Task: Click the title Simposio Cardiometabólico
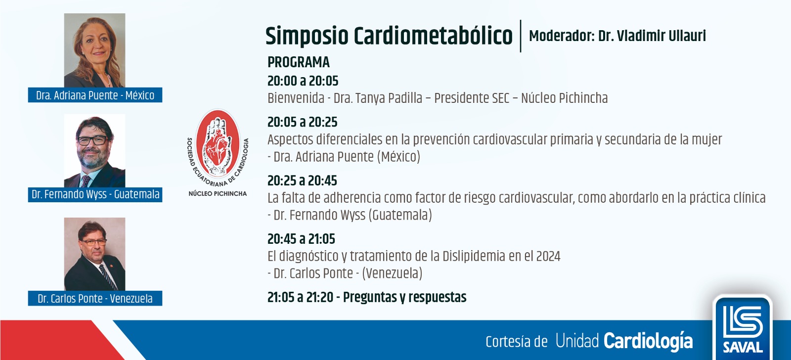pos(389,36)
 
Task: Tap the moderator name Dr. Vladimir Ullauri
pos(652,36)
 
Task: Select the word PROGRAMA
pos(299,62)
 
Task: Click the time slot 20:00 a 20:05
pos(303,81)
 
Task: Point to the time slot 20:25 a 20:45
pos(302,181)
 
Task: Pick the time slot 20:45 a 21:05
pos(301,239)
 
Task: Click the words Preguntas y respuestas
pos(405,298)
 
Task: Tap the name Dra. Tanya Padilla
pos(378,98)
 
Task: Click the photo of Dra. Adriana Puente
pos(94,50)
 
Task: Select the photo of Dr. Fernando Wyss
pos(94,151)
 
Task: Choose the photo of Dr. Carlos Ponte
pos(94,254)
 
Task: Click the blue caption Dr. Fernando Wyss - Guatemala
pos(95,195)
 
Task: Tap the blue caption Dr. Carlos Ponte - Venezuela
pos(95,299)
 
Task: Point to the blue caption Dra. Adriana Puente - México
pos(95,95)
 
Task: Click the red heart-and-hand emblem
pos(218,143)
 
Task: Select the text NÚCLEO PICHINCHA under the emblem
pos(218,194)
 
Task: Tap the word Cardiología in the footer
pos(648,342)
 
